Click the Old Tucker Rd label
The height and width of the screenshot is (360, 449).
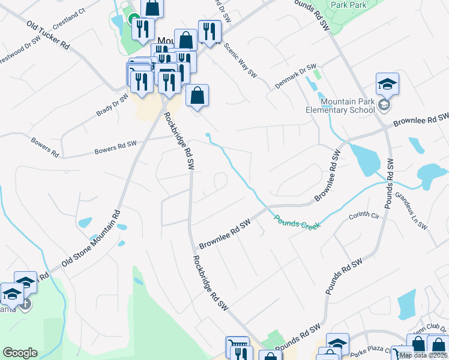49,35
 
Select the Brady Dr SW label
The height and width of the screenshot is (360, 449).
112,104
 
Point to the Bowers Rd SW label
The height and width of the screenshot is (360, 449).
115,147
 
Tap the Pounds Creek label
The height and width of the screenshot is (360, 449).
298,221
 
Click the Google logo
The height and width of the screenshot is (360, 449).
20,353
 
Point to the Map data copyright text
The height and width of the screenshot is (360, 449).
423,355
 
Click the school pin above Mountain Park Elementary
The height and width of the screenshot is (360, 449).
388,84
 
